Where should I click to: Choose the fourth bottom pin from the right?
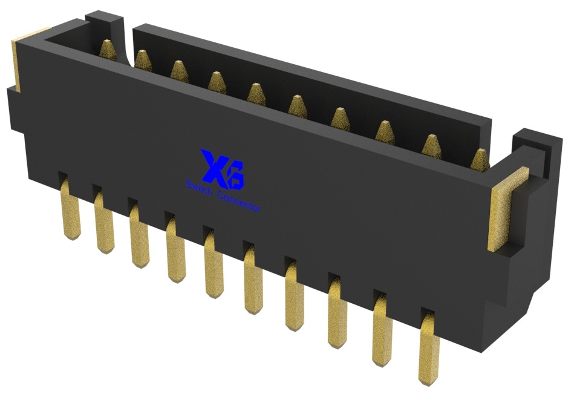294,297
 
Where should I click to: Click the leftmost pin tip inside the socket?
106,49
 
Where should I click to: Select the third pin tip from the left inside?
179,70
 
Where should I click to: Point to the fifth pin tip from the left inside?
256,93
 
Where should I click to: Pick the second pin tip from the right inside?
431,145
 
